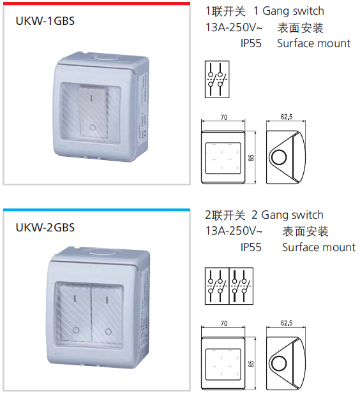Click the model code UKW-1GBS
[45, 21]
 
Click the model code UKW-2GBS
[45, 228]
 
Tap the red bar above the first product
[96, 4]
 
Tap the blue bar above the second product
[96, 210]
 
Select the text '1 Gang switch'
[289, 11]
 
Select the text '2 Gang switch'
[287, 215]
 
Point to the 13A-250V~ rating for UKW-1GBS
[234, 27]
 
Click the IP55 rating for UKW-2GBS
[251, 247]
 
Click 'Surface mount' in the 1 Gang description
[313, 43]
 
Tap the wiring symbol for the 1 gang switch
[217, 79]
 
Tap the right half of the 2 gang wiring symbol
[241, 286]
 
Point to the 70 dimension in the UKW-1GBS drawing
[223, 117]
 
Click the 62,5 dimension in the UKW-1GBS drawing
[287, 117]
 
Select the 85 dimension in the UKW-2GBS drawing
[251, 364]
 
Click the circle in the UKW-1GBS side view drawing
[279, 157]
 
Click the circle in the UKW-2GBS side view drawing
[279, 363]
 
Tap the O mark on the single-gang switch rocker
[93, 128]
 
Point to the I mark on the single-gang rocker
[91, 98]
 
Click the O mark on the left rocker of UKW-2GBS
[76, 330]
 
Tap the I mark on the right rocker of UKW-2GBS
[107, 300]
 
